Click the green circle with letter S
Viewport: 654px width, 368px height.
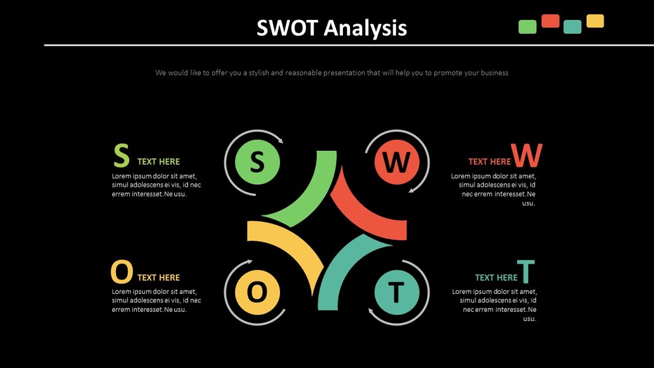coord(257,161)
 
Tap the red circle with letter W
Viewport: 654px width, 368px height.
coord(397,161)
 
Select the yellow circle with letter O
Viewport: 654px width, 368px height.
coord(257,291)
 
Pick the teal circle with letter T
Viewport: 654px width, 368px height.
coord(397,291)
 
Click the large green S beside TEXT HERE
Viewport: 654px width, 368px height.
coord(121,156)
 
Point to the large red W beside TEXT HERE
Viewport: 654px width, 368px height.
coord(527,156)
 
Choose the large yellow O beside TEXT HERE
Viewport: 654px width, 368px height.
coord(121,272)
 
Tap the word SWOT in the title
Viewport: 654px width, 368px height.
coord(288,28)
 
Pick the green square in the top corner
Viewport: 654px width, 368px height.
coord(528,26)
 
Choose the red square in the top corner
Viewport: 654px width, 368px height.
coord(550,21)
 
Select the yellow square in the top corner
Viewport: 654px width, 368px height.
coord(595,21)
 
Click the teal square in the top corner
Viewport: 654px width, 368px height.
coord(573,26)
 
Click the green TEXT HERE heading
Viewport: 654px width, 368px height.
coord(158,161)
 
